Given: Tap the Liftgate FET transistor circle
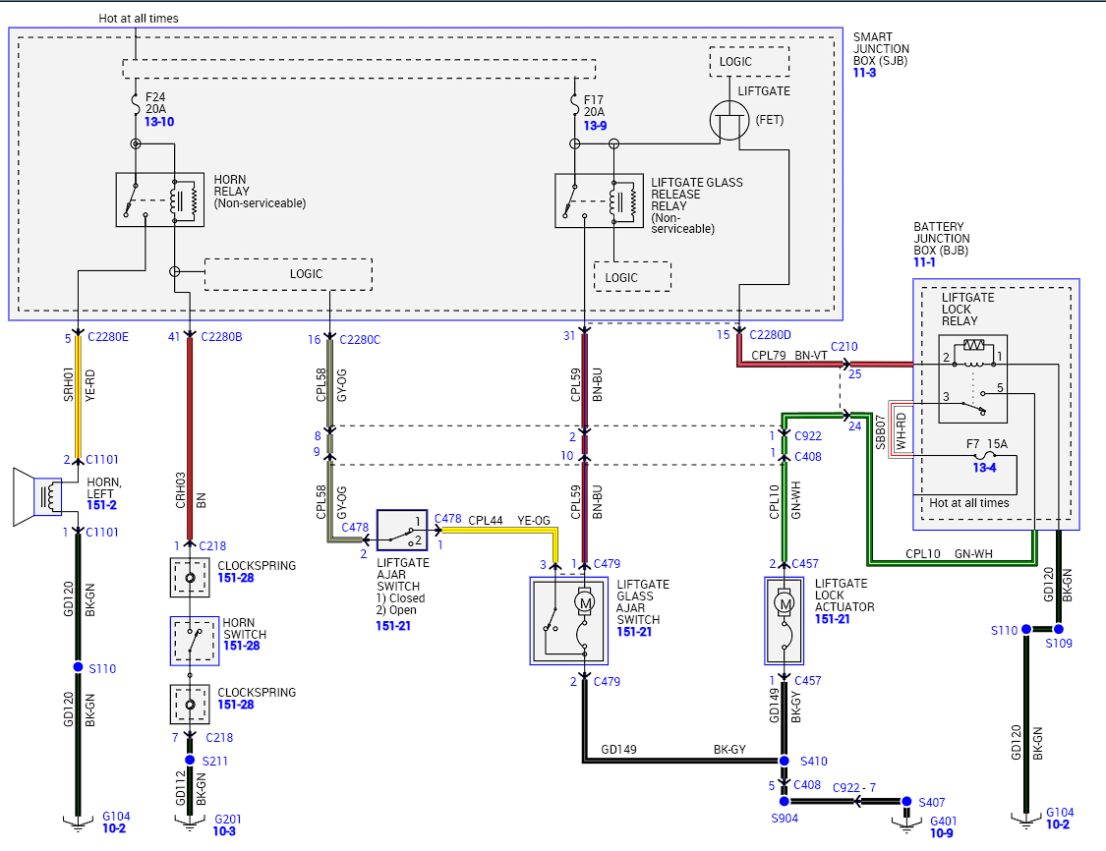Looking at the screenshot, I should (x=728, y=120).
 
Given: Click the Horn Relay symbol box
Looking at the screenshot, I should (x=159, y=199).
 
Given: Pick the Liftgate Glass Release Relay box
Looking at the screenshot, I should (x=599, y=200).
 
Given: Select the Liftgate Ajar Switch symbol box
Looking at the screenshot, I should (x=402, y=530).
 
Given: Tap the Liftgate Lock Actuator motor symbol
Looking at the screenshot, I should (x=785, y=601).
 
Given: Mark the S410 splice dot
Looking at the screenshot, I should (x=785, y=761).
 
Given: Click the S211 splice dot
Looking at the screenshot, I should (x=190, y=760).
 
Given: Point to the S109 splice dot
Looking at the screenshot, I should (x=1059, y=629).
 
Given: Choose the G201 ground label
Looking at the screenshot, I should (x=227, y=818).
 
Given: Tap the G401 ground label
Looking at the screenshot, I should (x=942, y=820).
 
